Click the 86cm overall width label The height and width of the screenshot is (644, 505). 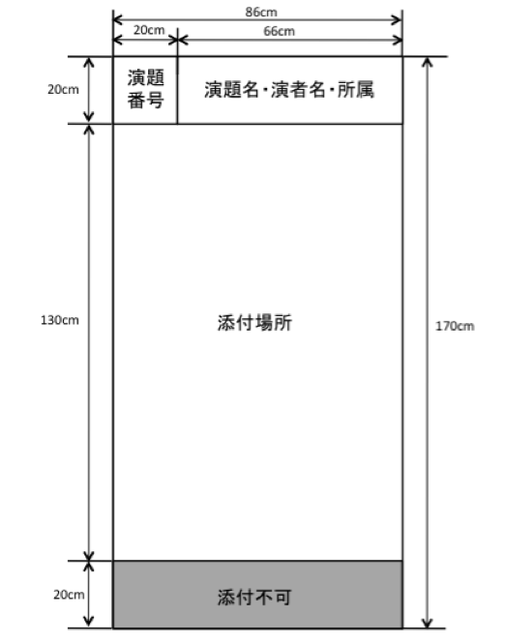click(261, 12)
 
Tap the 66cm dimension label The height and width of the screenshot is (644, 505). click(279, 31)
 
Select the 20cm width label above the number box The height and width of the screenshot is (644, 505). click(149, 30)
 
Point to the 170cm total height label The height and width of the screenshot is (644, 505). click(455, 326)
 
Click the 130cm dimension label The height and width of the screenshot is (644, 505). click(60, 320)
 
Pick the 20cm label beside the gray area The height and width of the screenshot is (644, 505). click(69, 595)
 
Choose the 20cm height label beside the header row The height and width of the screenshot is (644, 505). click(63, 89)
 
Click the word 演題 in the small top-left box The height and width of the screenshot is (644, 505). click(145, 77)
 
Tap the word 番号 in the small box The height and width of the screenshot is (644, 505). click(145, 101)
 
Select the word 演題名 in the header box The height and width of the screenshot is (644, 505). click(231, 90)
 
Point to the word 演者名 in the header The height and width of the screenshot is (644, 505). click(298, 90)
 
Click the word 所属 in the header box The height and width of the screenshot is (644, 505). click(356, 90)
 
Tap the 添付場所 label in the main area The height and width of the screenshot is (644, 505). click(254, 323)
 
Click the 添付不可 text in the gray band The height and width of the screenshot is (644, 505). click(254, 598)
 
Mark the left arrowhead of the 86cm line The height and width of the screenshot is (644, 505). click(117, 19)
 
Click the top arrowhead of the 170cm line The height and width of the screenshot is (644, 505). click(428, 62)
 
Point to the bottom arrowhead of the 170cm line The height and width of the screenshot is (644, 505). click(428, 624)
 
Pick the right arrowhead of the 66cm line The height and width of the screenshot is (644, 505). click(398, 40)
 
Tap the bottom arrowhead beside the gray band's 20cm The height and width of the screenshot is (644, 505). click(89, 623)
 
